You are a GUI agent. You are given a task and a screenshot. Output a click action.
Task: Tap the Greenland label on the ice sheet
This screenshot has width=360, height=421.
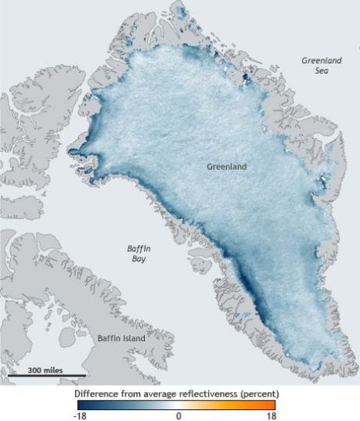pos(228,167)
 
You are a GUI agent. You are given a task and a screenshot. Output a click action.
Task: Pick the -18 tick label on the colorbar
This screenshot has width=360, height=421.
pos(82,416)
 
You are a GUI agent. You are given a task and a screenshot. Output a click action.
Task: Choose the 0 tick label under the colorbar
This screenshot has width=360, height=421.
pos(178,416)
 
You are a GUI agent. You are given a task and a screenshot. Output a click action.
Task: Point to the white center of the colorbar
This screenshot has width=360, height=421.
pos(178,405)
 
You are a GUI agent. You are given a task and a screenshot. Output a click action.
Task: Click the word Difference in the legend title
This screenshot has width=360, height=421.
pos(97,392)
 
